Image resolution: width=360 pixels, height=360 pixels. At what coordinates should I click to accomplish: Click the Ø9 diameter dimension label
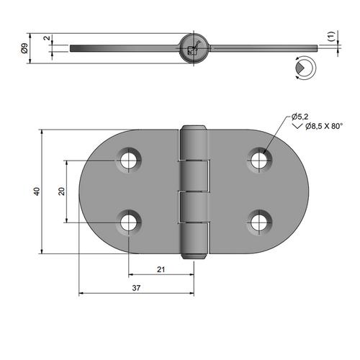[x=24, y=48]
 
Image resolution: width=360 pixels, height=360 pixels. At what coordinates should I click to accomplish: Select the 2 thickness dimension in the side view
[x=48, y=38]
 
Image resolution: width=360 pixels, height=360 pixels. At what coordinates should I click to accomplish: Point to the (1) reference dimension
[x=331, y=36]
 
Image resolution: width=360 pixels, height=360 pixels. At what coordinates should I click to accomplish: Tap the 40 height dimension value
[x=37, y=192]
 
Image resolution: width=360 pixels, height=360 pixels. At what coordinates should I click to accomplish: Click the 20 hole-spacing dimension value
[x=62, y=192]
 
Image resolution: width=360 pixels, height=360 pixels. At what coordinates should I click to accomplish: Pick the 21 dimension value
[x=161, y=269]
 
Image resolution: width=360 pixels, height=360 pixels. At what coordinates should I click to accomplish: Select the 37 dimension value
[x=136, y=288]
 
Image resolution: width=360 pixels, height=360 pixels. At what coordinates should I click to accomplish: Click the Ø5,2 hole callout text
[x=300, y=117]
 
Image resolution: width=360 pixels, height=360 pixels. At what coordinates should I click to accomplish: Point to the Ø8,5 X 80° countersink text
[x=324, y=126]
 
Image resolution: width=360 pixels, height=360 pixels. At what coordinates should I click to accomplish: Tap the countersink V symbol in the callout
[x=298, y=126]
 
